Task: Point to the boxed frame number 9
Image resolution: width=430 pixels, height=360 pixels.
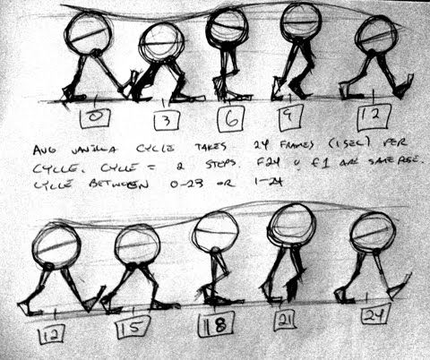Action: pyautogui.click(x=293, y=114)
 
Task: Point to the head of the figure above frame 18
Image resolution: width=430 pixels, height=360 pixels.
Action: pyautogui.click(x=214, y=233)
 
